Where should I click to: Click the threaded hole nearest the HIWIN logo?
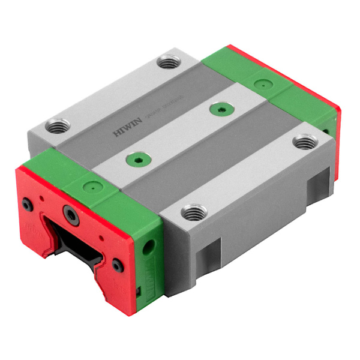coord(59,127)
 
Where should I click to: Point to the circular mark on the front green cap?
coord(91,185)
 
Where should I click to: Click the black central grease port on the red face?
coord(70,214)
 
